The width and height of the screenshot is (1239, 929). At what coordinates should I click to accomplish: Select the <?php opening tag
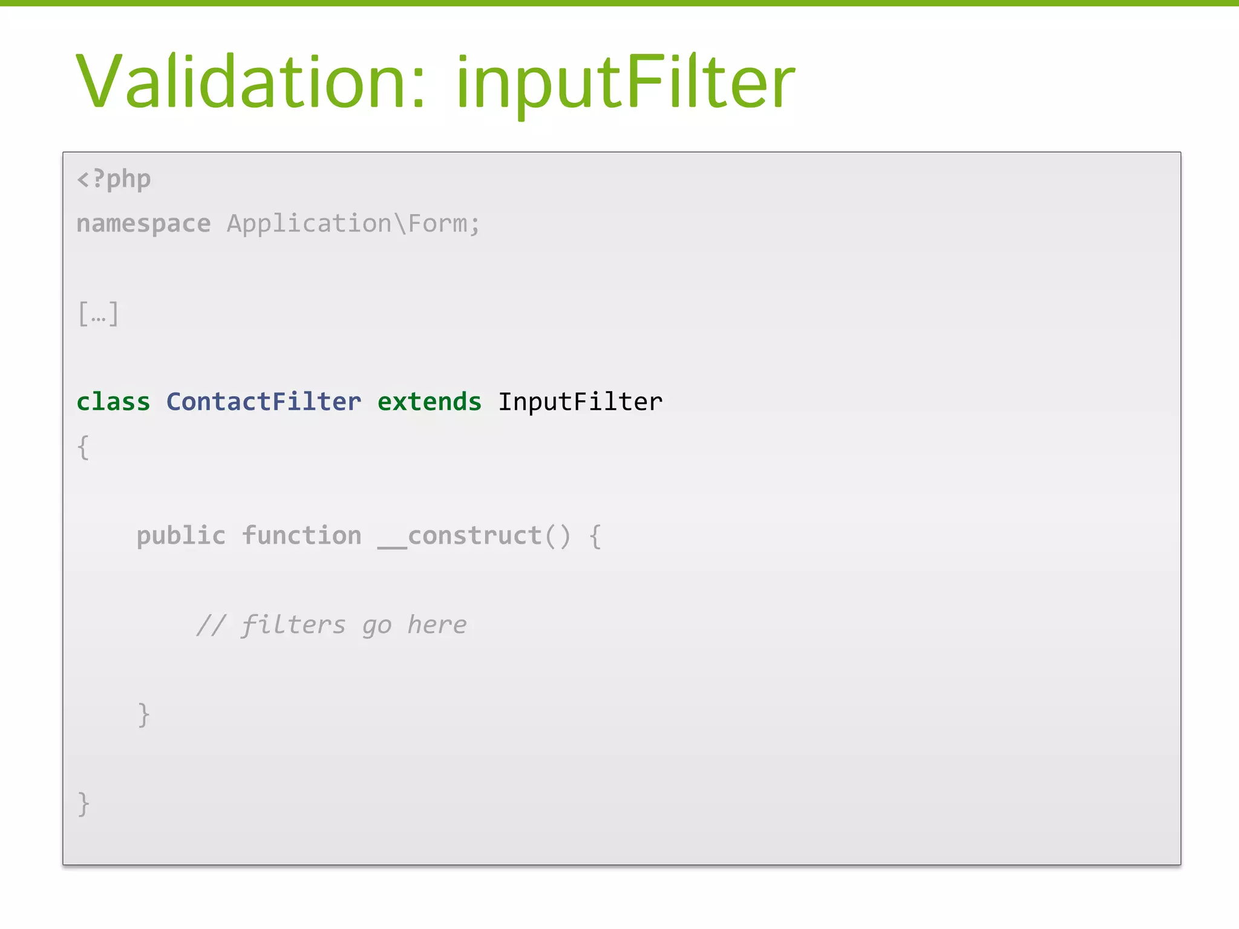click(x=114, y=180)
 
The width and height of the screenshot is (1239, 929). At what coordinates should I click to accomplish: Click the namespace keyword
click(x=143, y=224)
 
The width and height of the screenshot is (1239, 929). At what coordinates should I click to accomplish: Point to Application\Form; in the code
click(x=353, y=224)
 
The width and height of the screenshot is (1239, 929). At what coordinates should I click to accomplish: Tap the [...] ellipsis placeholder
click(x=98, y=314)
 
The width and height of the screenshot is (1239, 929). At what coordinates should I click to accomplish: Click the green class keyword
click(x=113, y=402)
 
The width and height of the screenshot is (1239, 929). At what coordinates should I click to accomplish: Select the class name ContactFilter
click(x=264, y=402)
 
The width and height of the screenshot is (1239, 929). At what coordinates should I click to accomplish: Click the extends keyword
click(x=430, y=402)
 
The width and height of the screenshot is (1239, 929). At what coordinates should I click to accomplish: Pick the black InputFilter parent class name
click(x=580, y=402)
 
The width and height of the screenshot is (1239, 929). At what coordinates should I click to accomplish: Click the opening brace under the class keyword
click(x=83, y=448)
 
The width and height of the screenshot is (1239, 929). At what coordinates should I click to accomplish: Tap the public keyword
click(x=181, y=536)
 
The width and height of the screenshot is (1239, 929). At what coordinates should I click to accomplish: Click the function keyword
click(x=301, y=536)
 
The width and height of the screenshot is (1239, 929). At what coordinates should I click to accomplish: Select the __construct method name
click(x=460, y=536)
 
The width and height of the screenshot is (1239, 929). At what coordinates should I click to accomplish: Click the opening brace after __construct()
click(x=595, y=536)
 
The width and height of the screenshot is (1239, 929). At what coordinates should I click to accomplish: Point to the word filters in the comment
click(x=293, y=625)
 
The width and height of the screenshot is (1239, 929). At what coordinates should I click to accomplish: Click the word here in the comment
click(x=437, y=625)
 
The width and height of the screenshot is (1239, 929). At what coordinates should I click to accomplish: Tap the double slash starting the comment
click(x=211, y=625)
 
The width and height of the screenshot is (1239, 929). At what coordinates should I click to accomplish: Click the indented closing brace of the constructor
click(x=143, y=715)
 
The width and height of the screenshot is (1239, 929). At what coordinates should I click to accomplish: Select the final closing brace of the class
click(x=83, y=804)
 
